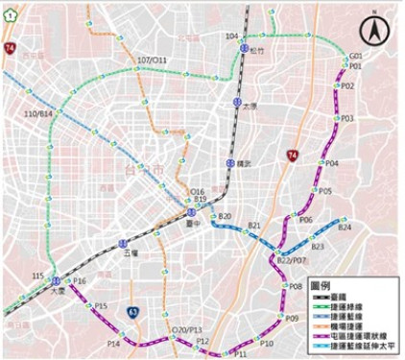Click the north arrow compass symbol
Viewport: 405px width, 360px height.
(374, 31)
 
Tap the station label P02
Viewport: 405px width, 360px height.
(347, 86)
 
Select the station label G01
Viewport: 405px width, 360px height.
(356, 57)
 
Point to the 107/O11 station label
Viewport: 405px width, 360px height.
(152, 60)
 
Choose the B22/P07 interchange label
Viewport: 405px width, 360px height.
(291, 260)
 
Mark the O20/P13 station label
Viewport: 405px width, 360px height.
(185, 330)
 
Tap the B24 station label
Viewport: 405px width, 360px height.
(345, 228)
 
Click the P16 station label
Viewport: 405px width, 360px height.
(80, 281)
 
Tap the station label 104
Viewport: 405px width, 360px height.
(231, 36)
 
